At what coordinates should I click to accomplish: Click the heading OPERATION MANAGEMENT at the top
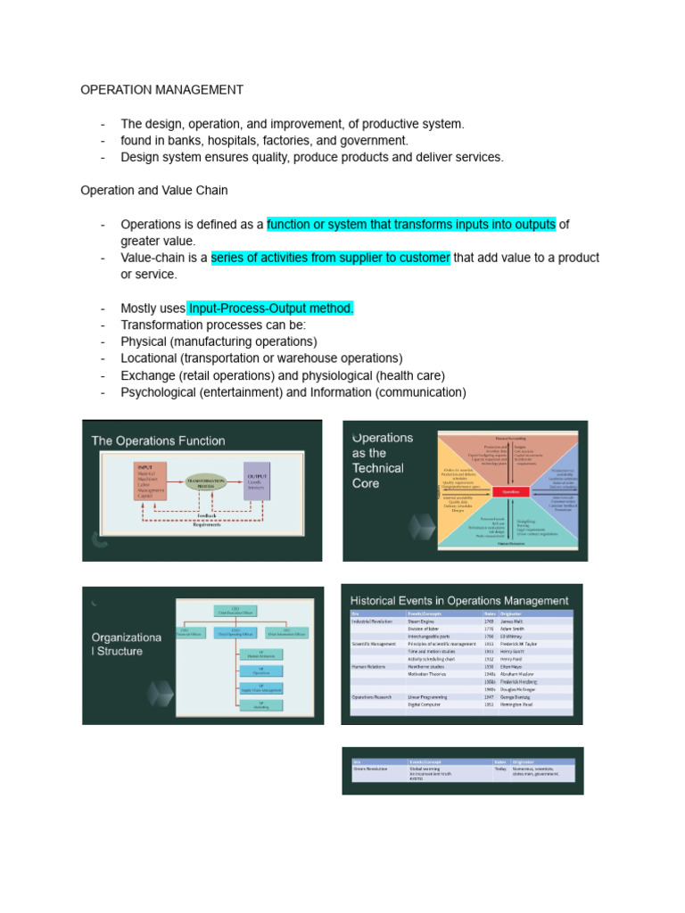coord(161,90)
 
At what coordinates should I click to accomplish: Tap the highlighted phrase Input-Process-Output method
coord(271,308)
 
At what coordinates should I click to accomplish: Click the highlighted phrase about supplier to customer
coord(331,258)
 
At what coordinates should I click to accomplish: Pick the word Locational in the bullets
coord(152,358)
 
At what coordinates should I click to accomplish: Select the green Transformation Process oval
coord(206,481)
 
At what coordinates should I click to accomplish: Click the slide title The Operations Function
coord(159,440)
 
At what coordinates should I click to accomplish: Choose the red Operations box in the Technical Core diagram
coord(511,490)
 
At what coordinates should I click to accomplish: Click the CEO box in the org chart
coord(235,610)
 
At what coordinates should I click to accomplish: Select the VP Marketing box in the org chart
coord(260,705)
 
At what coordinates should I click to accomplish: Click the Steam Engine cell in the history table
coord(423,621)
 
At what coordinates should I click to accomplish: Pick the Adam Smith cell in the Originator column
coord(517,629)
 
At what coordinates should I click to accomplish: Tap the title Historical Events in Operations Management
coord(459,601)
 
